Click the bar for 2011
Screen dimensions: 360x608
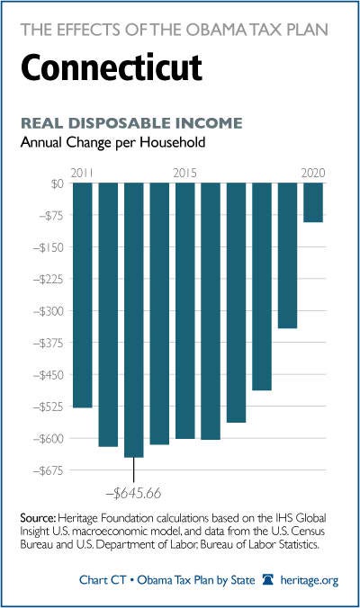tap(83, 295)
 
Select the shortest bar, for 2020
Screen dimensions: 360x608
tap(313, 202)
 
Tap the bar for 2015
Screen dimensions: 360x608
tap(185, 310)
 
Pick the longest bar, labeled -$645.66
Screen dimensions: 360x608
tap(134, 320)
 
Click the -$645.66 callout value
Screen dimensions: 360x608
tap(133, 493)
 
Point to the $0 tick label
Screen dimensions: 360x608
tap(57, 183)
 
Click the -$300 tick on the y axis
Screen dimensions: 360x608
tap(49, 311)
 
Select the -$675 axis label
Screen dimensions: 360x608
tap(48, 470)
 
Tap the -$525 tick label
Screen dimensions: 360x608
tap(48, 407)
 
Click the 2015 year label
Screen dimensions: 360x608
tap(185, 173)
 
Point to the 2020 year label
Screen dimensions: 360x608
tap(313, 173)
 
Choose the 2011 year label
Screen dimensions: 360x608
tap(82, 173)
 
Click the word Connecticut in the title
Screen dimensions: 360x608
tap(112, 67)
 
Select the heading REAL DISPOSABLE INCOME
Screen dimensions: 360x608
tap(131, 123)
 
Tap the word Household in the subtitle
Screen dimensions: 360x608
tap(172, 142)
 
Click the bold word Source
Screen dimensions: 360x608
tap(38, 518)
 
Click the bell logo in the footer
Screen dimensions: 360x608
tap(267, 580)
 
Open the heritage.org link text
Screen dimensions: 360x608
tap(310, 580)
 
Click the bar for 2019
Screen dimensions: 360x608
tap(287, 255)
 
